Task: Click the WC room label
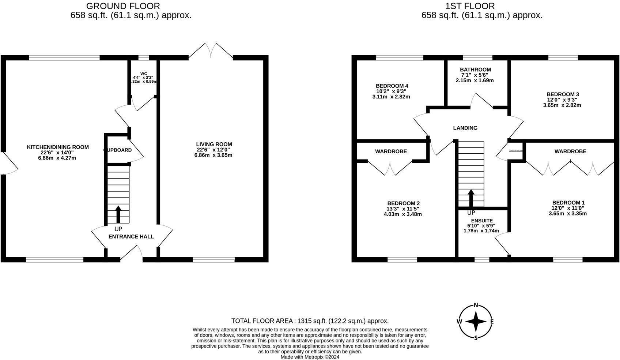click(143, 73)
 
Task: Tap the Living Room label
click(214, 144)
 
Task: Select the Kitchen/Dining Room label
click(58, 147)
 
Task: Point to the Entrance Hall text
click(131, 237)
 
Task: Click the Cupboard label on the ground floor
click(118, 150)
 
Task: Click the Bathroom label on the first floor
click(475, 70)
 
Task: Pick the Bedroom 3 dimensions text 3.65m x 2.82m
click(562, 105)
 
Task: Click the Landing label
click(465, 128)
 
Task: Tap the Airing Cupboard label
click(515, 151)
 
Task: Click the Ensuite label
click(482, 221)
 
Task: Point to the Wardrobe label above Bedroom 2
click(391, 151)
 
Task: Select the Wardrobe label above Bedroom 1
click(570, 151)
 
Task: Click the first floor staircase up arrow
click(471, 198)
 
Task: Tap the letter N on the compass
click(476, 305)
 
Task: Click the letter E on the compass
click(492, 322)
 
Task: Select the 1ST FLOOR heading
click(470, 6)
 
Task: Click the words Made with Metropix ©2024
click(310, 357)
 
